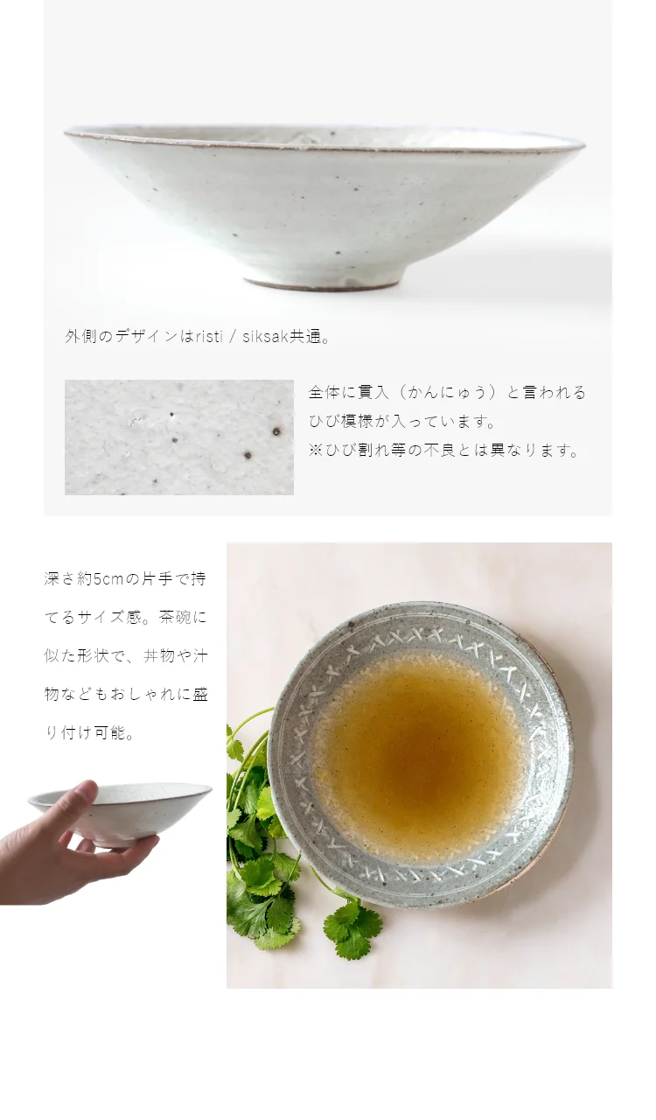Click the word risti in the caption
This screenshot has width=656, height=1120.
tap(208, 337)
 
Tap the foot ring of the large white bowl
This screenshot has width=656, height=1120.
tap(323, 282)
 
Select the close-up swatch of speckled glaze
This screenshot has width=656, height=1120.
tap(179, 437)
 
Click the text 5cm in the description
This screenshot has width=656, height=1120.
tap(108, 579)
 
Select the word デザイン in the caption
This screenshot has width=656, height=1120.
tap(147, 337)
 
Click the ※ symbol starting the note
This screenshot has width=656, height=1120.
tap(316, 451)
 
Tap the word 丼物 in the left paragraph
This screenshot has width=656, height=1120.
tap(159, 656)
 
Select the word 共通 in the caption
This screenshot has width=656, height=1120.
tap(304, 337)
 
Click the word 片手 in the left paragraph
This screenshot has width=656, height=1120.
tap(159, 579)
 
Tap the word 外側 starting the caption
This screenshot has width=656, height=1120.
tap(81, 337)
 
